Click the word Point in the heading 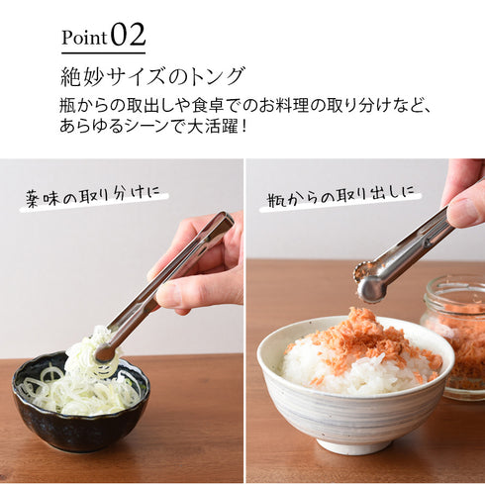click(x=84, y=38)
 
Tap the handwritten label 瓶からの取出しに click(x=341, y=198)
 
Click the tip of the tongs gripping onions click(x=104, y=352)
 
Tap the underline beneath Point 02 click(x=103, y=53)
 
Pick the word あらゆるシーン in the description click(x=118, y=126)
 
